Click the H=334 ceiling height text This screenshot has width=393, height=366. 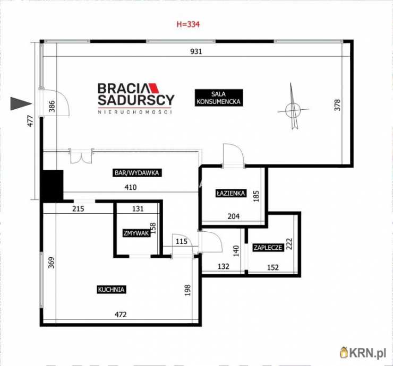pos(187,24)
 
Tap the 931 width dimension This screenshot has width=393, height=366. pos(197,51)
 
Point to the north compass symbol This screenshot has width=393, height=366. pos(292,108)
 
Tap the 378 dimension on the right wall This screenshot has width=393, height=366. pos(337,105)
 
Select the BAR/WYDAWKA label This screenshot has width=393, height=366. pos(137,172)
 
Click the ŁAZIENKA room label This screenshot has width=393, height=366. pos(230,194)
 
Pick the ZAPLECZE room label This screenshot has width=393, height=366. pos(268,248)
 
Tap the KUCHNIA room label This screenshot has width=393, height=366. pos(111,290)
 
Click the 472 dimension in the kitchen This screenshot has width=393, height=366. pos(121,315)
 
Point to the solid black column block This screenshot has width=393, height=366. pos(52,185)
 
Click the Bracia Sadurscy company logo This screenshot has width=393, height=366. pos(136,98)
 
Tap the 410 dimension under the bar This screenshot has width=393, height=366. pos(131,187)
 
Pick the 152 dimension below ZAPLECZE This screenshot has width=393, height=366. pos(272,267)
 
